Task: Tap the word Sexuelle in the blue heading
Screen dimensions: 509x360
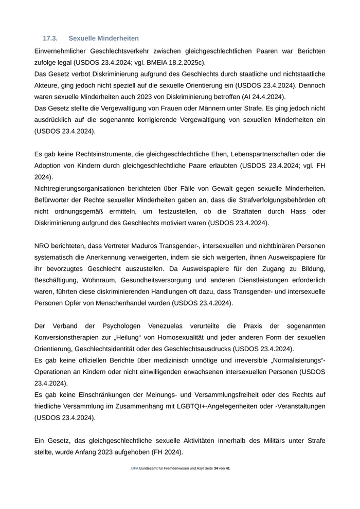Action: point(83,39)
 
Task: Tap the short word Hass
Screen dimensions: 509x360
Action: point(297,211)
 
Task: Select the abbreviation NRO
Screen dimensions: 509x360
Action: point(43,246)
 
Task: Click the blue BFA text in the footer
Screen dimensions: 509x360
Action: point(135,469)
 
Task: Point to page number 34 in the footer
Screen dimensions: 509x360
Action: point(216,469)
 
